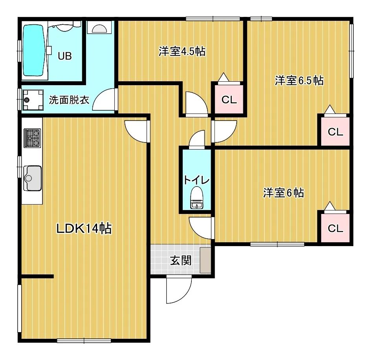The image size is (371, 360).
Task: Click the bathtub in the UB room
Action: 34,50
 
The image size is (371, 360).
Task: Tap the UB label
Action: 64,56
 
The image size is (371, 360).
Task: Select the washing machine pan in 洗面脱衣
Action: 33,100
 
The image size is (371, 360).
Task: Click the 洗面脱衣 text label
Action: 69,100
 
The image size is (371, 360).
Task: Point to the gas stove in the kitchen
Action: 32,138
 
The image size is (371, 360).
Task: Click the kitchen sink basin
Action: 32,178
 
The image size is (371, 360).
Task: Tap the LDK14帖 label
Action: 84,228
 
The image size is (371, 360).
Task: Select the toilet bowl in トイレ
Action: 197,197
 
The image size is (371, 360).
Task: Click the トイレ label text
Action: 197,180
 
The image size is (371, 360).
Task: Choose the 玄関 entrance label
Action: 181,261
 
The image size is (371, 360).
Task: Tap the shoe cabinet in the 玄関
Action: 205,260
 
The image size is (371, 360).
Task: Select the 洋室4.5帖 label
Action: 182,51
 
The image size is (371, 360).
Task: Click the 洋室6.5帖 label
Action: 299,80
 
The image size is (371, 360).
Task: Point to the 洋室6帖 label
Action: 283,193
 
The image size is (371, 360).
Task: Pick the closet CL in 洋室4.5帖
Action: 229,99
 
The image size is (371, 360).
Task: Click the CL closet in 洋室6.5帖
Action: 335,132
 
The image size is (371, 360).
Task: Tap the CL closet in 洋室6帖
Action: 335,228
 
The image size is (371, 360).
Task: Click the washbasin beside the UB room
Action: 99,27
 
